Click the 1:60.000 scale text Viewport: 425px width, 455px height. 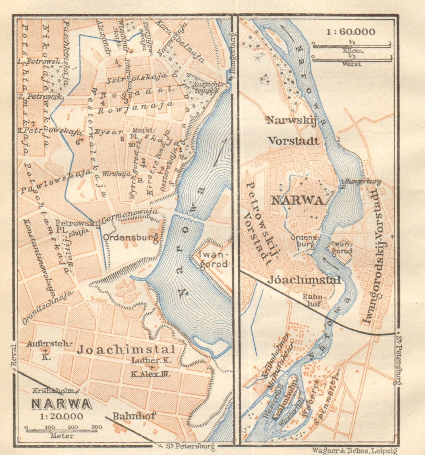pyautogui.click(x=351, y=32)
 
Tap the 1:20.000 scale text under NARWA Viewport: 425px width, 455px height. pyautogui.click(x=62, y=416)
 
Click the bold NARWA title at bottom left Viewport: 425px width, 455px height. pyautogui.click(x=61, y=404)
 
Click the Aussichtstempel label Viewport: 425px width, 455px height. pyautogui.click(x=205, y=88)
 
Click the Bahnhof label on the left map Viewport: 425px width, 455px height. pyautogui.click(x=134, y=416)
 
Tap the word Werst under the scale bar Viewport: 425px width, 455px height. pyautogui.click(x=352, y=64)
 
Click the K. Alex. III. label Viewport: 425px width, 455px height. pyautogui.click(x=150, y=374)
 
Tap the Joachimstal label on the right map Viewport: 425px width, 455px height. pyautogui.click(x=304, y=280)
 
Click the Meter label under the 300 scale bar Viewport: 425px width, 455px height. pyautogui.click(x=62, y=436)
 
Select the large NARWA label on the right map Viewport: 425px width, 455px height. pyautogui.click(x=297, y=201)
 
